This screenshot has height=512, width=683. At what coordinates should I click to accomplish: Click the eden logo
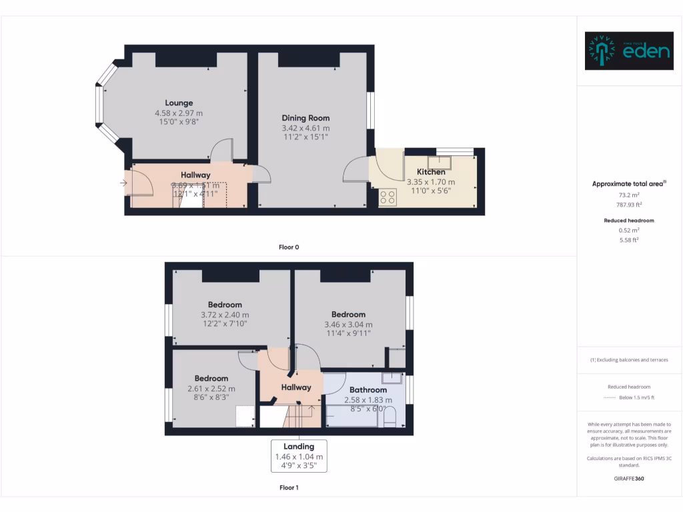629,51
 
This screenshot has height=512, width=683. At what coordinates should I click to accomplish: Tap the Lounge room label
179,103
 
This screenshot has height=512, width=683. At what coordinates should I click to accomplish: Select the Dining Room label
305,118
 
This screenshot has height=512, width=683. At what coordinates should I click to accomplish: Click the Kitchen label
431,172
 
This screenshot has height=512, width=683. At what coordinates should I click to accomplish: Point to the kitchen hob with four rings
388,197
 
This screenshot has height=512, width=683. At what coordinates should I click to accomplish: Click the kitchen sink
439,162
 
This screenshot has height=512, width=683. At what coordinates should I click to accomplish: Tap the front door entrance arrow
125,183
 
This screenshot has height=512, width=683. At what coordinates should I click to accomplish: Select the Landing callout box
299,456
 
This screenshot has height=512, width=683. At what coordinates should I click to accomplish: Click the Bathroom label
368,390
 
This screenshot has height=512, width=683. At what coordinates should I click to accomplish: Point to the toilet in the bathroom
391,419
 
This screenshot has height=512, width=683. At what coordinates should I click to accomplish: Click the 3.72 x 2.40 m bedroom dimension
225,315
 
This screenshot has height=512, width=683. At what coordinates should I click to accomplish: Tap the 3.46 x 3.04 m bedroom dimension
348,325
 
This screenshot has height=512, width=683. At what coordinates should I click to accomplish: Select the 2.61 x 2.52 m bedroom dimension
211,389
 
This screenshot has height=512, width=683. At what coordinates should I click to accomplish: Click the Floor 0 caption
289,247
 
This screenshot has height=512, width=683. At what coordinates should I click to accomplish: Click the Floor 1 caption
289,488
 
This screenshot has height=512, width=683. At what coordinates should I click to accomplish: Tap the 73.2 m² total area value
629,196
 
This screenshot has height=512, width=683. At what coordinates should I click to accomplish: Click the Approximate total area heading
629,184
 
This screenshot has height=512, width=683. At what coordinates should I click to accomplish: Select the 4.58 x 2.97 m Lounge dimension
179,113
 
